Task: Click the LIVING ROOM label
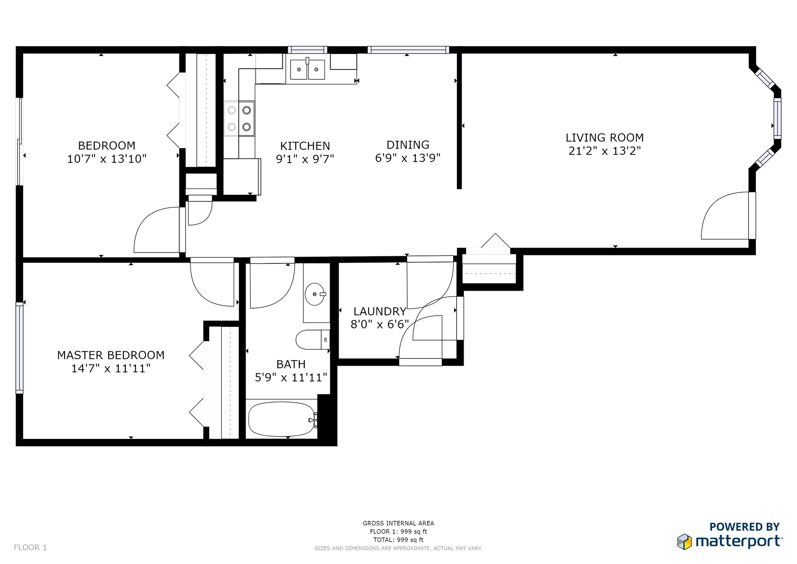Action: (x=604, y=137)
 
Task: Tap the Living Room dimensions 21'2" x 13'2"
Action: (x=604, y=151)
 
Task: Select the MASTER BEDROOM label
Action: (x=111, y=355)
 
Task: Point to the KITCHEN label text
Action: (x=305, y=146)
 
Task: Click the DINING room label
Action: (x=408, y=145)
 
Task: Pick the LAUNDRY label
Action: (x=380, y=311)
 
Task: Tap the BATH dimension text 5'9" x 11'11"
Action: (x=291, y=378)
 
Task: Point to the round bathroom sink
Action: (x=315, y=294)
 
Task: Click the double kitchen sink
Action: (x=308, y=69)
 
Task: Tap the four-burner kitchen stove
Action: (x=240, y=118)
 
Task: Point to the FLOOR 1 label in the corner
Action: (x=30, y=547)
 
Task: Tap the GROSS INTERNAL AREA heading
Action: (x=398, y=523)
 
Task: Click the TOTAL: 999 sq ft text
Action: (x=398, y=540)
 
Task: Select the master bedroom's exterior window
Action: (x=20, y=348)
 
